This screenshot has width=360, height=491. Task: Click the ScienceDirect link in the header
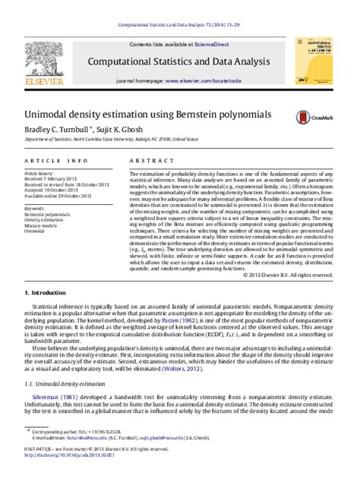216,46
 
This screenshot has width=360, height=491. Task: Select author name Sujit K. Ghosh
118,129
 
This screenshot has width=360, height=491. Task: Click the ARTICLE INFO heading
56,161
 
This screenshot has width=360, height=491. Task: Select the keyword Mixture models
42,226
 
